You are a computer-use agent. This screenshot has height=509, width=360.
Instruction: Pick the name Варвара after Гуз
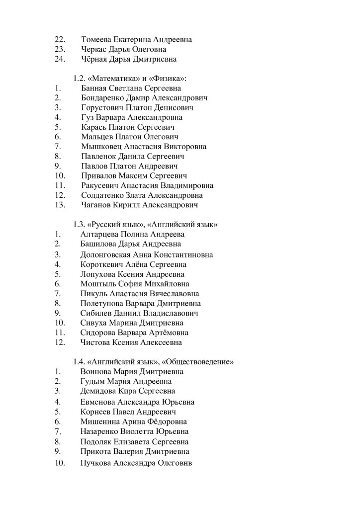[110, 118]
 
